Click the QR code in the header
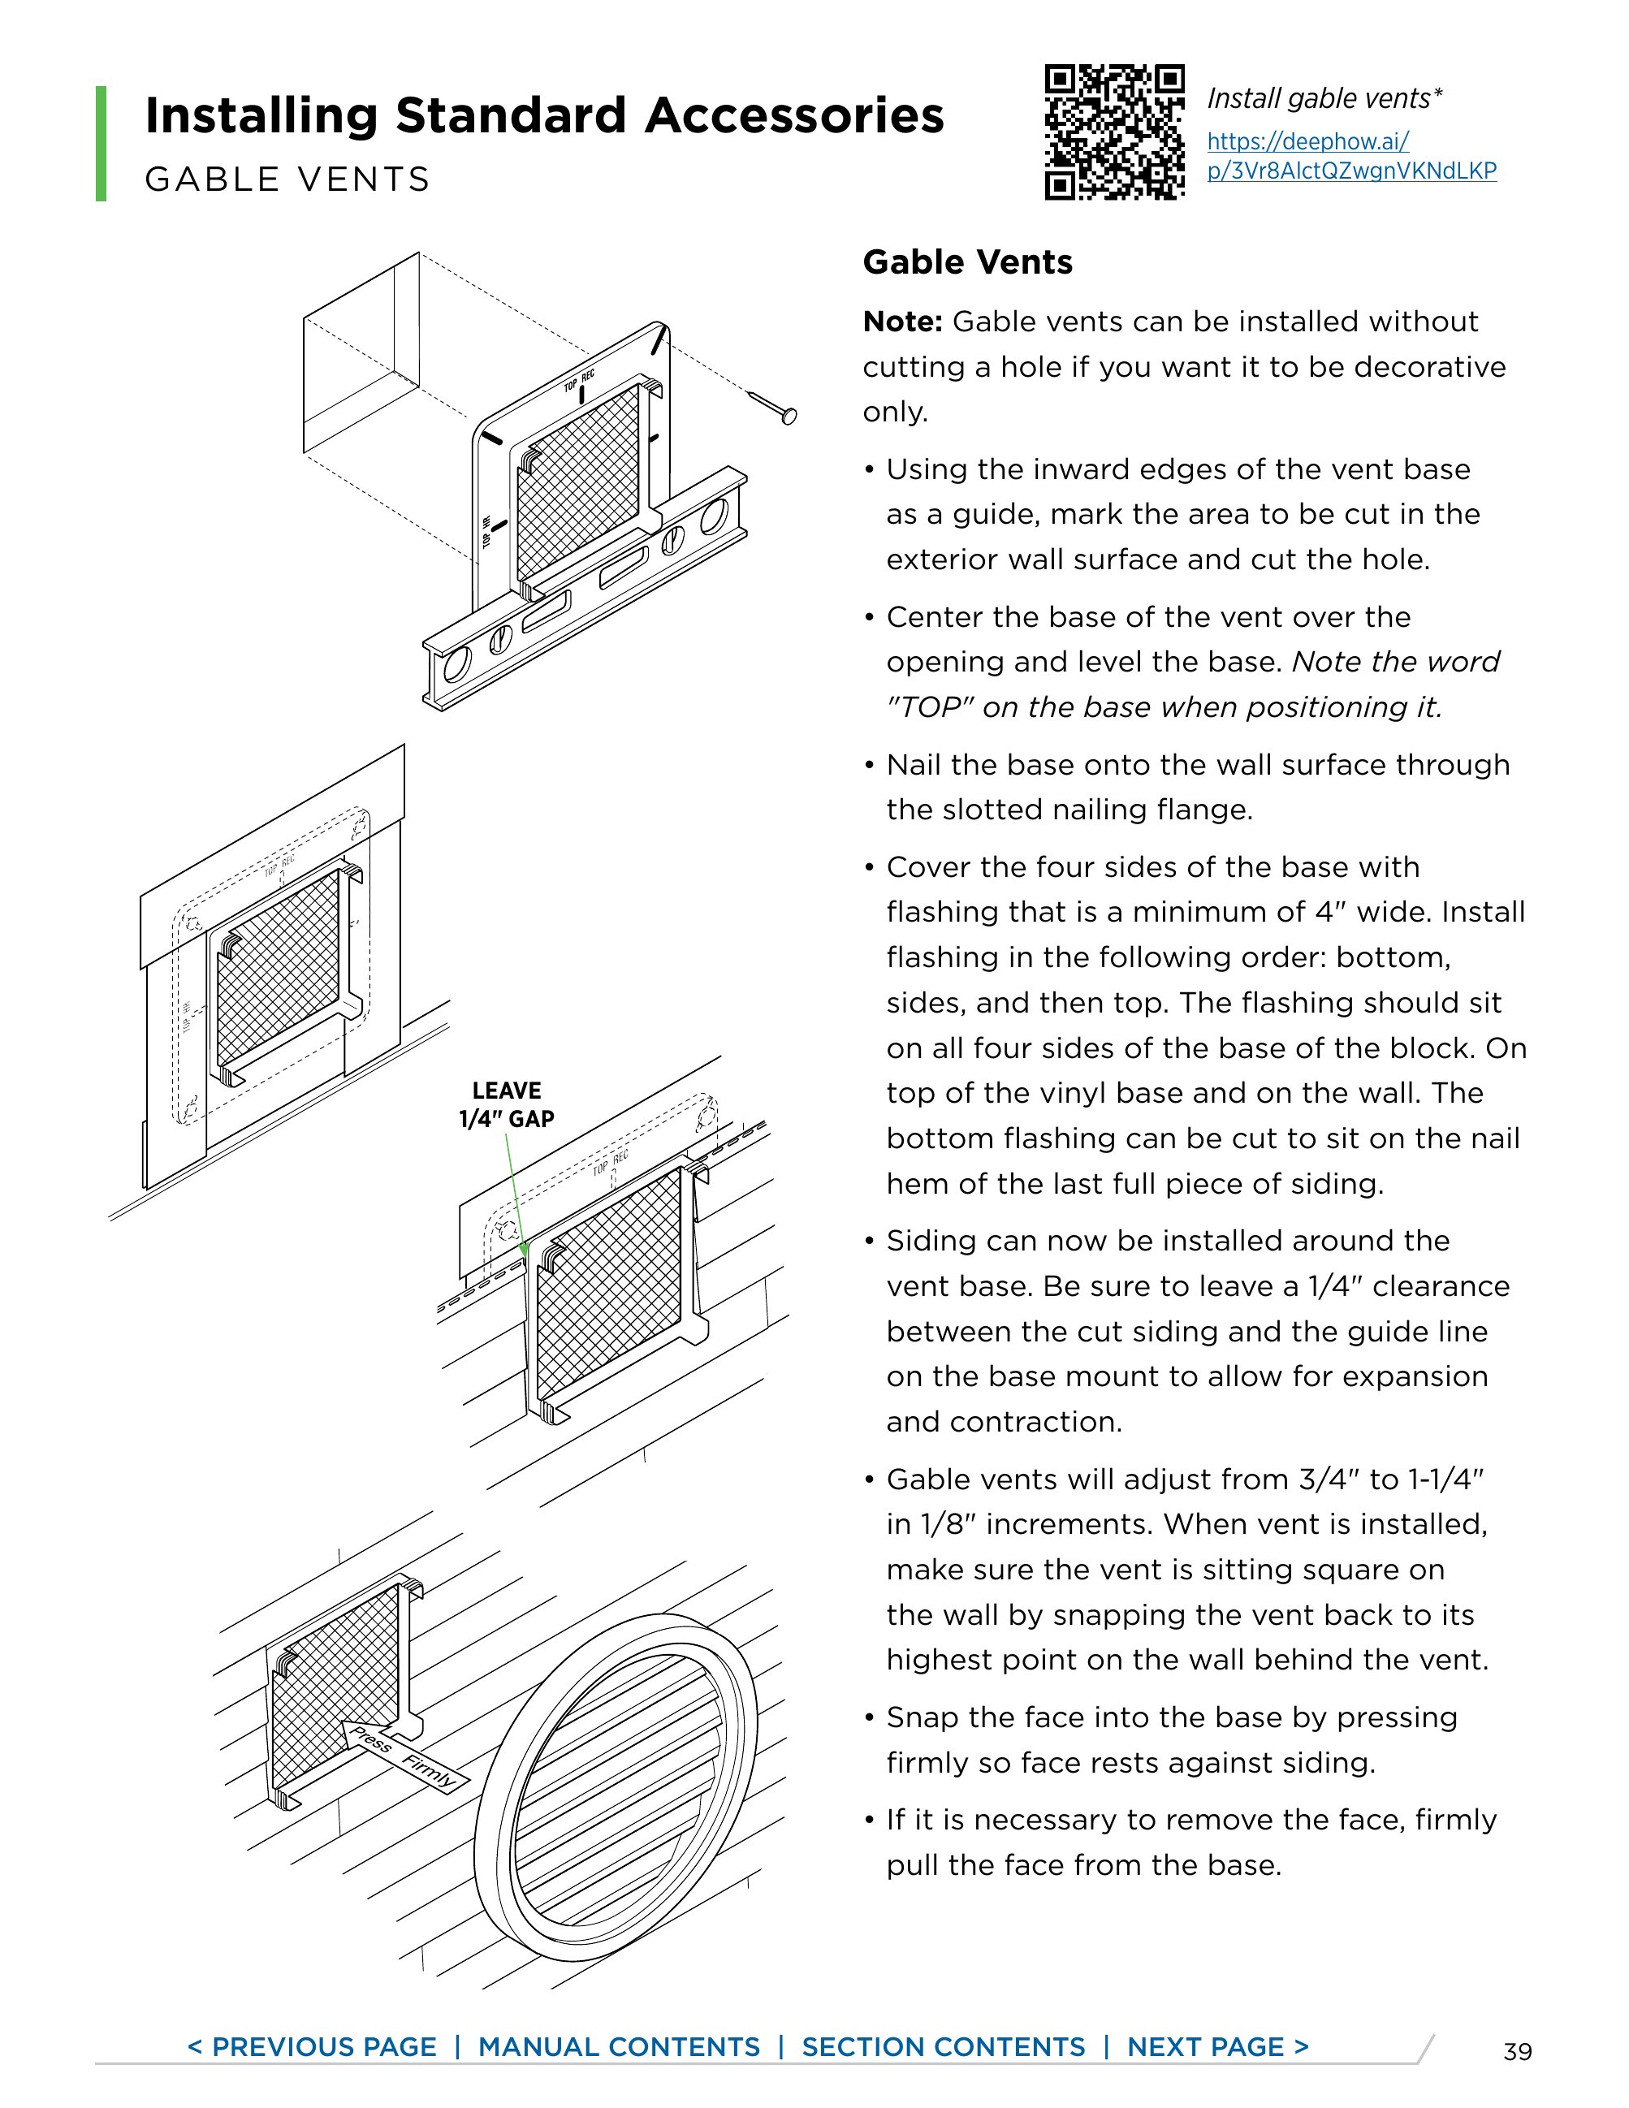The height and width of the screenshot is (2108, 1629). point(1115,132)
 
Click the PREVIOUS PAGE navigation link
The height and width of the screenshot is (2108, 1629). point(312,2047)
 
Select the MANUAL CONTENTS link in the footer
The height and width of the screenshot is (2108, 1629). point(619,2047)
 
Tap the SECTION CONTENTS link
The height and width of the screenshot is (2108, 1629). point(943,2047)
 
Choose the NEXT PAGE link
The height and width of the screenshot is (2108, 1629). point(1218,2047)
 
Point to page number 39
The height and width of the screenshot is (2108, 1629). point(1517,2052)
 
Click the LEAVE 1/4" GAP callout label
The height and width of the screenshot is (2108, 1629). point(507,1104)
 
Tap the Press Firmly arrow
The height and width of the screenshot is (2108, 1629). point(404,1755)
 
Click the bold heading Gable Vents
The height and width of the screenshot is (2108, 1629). point(967,262)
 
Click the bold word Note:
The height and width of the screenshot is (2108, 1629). point(901,322)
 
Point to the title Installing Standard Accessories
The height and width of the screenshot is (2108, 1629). point(543,116)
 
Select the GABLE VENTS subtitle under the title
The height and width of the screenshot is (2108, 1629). point(287,179)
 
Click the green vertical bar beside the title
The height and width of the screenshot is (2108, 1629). point(101,143)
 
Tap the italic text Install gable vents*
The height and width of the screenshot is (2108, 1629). point(1324,98)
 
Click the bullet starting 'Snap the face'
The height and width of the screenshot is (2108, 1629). point(1171,1739)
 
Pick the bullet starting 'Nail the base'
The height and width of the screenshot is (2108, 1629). point(1197,787)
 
